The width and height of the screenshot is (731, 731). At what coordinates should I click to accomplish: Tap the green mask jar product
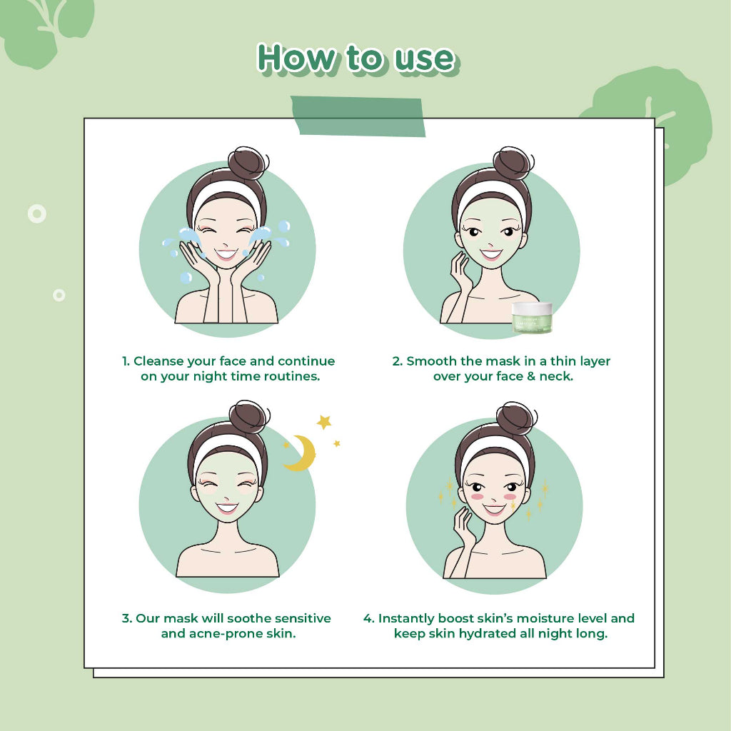532,318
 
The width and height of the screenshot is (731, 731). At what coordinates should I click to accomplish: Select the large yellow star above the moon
324,422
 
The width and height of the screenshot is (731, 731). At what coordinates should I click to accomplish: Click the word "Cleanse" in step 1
158,361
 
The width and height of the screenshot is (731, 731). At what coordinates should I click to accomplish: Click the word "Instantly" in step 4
406,619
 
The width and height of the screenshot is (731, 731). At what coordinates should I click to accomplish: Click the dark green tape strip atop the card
358,116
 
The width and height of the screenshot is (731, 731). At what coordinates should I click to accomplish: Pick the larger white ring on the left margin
37,213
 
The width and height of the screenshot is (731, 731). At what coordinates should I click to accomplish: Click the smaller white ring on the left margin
59,295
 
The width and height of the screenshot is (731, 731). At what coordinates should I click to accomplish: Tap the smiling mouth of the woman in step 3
227,508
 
